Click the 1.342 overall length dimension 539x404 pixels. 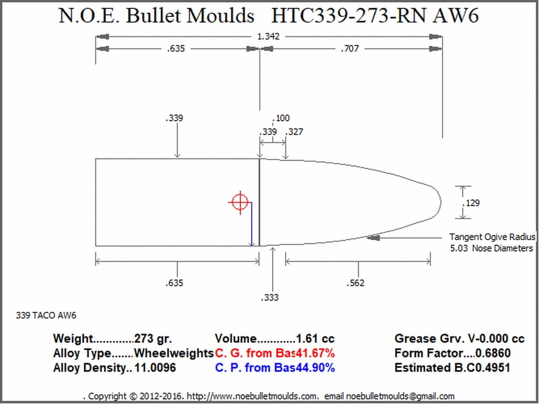point(269,36)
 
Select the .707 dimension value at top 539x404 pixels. point(350,49)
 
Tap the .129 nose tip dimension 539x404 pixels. point(471,203)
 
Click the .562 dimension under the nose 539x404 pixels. point(356,283)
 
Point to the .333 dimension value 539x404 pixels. point(270,298)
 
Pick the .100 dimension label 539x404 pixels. point(281,118)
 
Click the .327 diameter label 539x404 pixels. point(294,132)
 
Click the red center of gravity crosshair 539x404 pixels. point(240,202)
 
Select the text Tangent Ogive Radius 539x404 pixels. point(492,237)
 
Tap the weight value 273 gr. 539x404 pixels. point(153,339)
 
